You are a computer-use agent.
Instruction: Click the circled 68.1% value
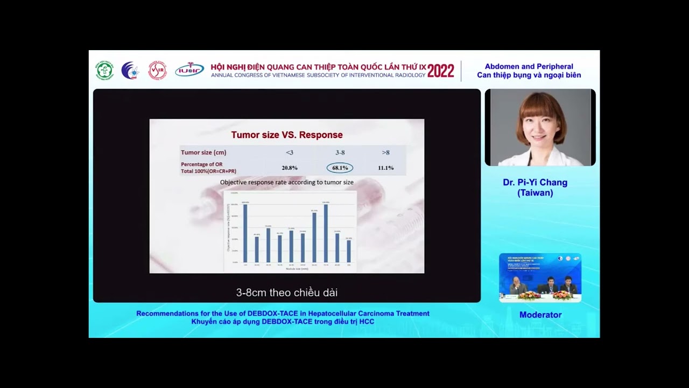coord(340,168)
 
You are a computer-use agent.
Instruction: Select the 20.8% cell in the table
coord(290,168)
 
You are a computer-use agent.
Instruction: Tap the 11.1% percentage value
coord(385,168)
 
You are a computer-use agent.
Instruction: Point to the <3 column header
coord(290,153)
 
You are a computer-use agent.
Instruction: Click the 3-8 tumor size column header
coord(340,153)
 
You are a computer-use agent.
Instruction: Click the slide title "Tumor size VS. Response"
coord(287,135)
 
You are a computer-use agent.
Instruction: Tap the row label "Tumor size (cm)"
coord(203,153)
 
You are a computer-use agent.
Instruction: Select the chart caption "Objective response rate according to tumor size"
coord(287,182)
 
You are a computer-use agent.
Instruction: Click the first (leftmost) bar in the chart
coord(245,233)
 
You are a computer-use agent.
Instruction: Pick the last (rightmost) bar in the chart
coord(349,251)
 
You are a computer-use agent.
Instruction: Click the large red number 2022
coord(441,71)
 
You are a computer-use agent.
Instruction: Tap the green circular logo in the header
coord(104,71)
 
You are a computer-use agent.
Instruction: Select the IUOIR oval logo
coord(189,70)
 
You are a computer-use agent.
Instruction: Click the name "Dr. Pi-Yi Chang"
coord(535,183)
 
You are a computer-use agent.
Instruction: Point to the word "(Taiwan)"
coord(535,193)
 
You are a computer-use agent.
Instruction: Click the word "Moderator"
coord(540,315)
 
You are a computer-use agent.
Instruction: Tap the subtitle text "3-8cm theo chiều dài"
coord(287,293)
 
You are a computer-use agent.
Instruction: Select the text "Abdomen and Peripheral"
coord(529,66)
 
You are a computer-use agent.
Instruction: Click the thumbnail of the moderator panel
coord(540,278)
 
